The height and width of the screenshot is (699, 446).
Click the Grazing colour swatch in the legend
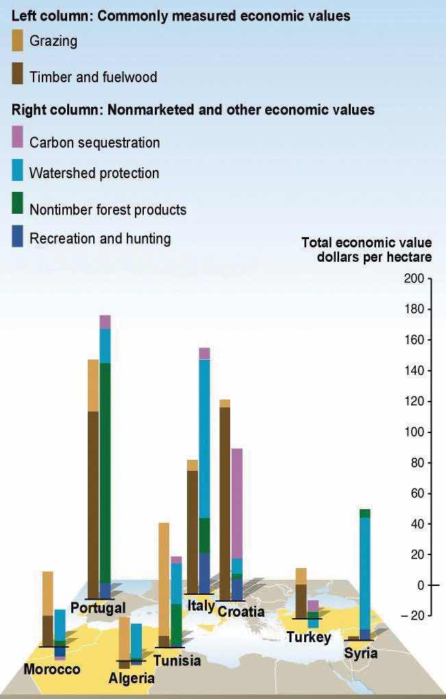(17, 42)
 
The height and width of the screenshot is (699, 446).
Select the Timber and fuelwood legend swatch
(17, 74)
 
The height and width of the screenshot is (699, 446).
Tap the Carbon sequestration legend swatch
(17, 138)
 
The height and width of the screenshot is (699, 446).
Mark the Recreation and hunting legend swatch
(17, 237)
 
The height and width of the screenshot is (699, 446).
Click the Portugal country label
(98, 608)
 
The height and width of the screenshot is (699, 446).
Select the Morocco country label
(52, 669)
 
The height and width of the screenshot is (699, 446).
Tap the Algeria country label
(132, 678)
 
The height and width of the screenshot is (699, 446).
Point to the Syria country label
(360, 653)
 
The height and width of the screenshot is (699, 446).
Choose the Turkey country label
(309, 637)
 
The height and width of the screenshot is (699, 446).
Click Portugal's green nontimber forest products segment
(105, 473)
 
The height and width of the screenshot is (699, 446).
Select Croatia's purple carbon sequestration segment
(237, 504)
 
